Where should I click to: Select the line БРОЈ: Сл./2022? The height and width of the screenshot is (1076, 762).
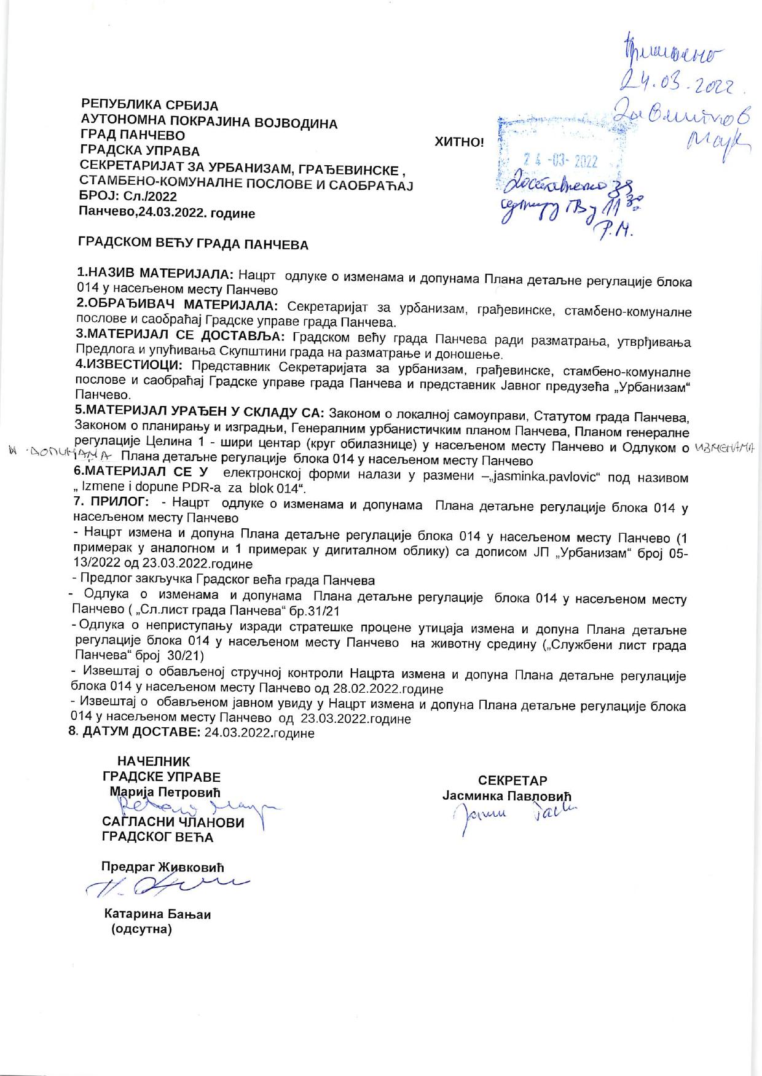pyautogui.click(x=128, y=197)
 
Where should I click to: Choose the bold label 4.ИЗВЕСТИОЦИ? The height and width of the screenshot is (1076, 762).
pyautogui.click(x=130, y=365)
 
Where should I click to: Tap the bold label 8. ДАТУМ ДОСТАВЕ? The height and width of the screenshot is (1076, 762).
pyautogui.click(x=136, y=732)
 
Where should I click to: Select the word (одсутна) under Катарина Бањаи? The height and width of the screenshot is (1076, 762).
pyautogui.click(x=141, y=929)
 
